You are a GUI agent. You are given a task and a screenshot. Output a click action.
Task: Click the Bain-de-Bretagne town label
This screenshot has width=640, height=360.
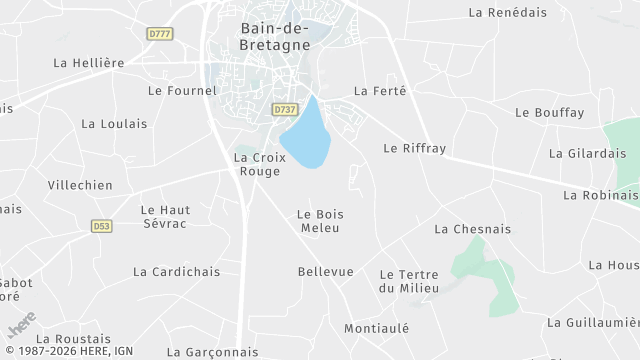275,36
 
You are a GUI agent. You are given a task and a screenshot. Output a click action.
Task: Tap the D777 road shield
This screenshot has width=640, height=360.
158,33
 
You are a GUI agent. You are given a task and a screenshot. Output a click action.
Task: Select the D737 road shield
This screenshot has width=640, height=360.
284,108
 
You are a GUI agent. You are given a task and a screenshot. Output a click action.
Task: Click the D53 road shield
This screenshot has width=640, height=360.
102,226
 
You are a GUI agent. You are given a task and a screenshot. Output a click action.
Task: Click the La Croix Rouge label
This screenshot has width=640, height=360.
260,164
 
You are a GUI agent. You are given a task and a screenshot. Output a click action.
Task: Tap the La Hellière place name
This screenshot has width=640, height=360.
89,62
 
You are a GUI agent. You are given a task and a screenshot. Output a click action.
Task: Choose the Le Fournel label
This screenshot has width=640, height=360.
182,90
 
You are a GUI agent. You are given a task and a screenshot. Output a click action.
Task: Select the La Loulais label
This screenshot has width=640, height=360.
114,124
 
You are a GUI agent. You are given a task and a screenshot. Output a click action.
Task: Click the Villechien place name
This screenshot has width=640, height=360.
80,185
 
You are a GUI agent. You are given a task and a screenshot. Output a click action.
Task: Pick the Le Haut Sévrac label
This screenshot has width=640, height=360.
165,217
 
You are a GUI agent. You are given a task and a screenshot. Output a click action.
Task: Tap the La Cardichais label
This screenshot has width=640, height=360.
176,271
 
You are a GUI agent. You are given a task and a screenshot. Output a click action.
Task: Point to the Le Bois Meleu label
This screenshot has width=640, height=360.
320,221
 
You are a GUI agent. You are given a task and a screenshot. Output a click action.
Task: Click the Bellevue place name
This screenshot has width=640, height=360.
326,271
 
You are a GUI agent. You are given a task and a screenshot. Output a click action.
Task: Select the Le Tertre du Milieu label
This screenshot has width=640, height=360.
409,281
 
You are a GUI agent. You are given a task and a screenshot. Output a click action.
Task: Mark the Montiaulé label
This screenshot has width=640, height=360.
378,328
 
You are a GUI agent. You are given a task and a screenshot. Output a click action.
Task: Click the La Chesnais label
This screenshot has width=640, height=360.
472,229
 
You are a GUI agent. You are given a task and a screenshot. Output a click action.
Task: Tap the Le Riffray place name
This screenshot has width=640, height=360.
414,148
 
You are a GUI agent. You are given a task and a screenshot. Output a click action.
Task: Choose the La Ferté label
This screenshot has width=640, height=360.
380,90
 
